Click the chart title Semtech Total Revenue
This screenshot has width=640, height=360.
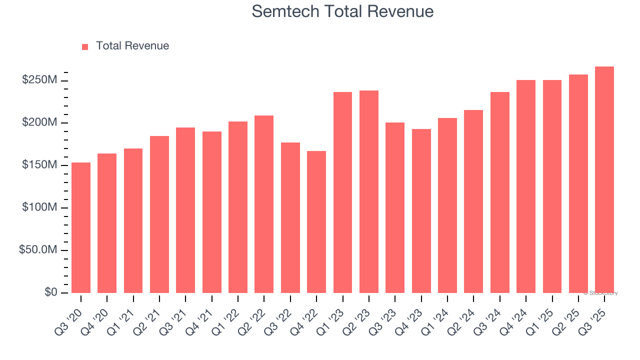(342, 11)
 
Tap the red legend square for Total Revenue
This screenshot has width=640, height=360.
(85, 46)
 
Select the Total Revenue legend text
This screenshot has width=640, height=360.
(132, 46)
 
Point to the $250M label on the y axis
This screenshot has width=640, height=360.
(39, 80)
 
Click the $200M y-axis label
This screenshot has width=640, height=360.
(39, 122)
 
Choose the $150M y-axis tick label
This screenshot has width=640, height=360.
(39, 165)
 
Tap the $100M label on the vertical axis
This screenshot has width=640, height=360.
(39, 207)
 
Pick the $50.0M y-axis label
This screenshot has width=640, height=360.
(38, 250)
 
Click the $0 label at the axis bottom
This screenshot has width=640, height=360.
(49, 292)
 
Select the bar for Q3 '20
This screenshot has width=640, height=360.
(81, 227)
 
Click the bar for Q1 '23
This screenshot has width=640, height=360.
(342, 192)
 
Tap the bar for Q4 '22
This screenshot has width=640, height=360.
(316, 222)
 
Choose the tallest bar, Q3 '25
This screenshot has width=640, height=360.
(604, 180)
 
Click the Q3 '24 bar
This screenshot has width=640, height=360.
(499, 192)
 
